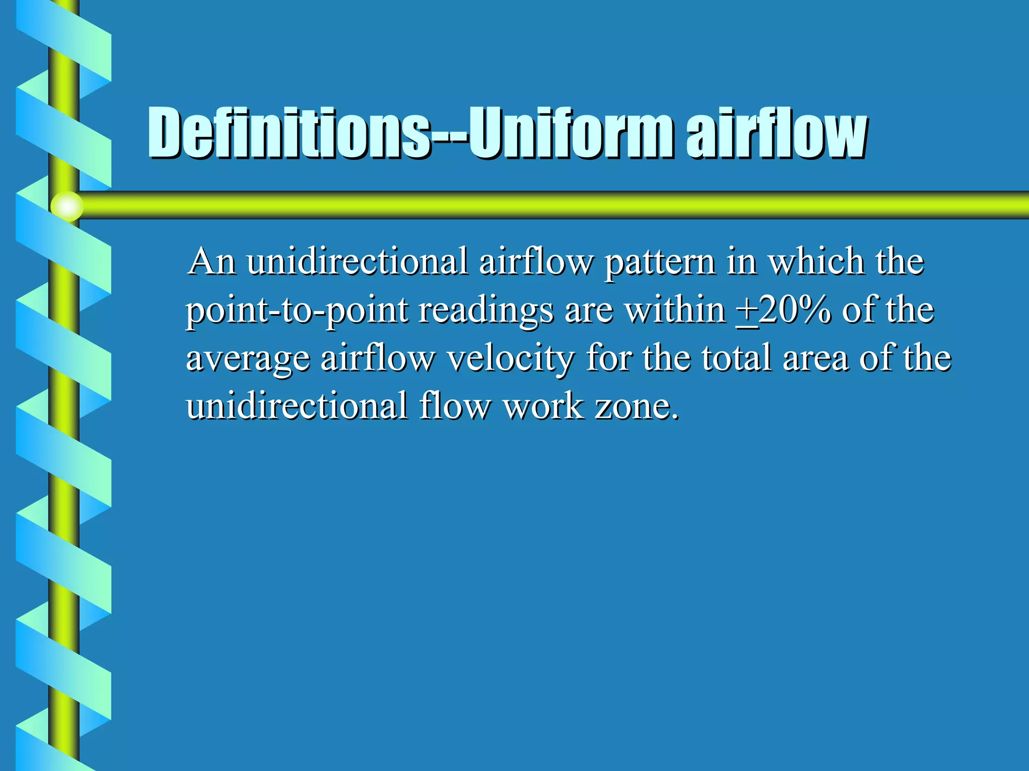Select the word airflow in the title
[776, 133]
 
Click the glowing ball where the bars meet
[67, 206]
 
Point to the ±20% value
[783, 311]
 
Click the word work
[543, 406]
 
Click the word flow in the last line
[454, 406]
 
